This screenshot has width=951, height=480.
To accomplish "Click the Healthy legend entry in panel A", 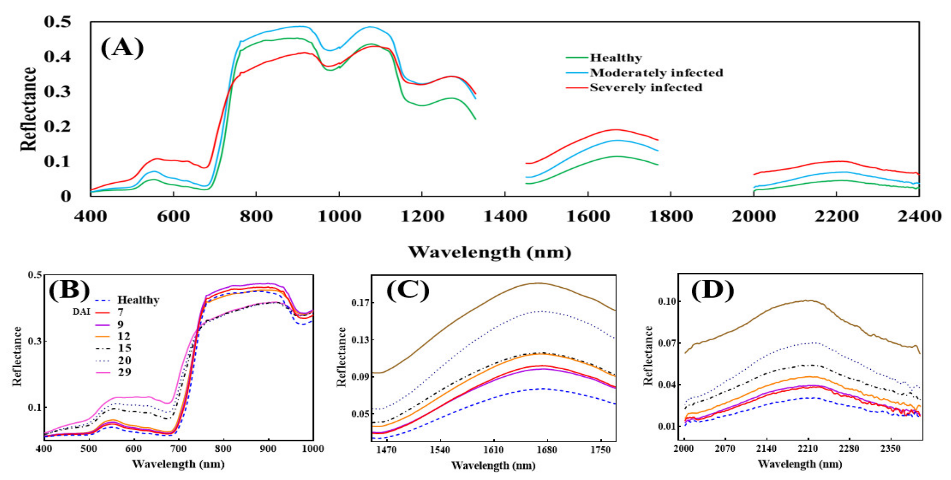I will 615,58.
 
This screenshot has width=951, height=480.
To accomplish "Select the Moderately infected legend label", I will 656,73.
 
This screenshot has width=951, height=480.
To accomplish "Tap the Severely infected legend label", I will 646,87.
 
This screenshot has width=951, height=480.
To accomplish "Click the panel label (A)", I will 122,48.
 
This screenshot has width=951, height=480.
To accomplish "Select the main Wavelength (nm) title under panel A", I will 490,252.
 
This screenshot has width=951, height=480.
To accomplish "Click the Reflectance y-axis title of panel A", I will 29,109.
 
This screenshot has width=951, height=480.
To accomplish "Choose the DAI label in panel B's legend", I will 81,312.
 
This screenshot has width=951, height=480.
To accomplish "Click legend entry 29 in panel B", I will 124,372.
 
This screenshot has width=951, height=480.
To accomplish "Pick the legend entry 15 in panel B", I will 124,348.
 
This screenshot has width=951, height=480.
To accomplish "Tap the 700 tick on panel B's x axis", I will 178,449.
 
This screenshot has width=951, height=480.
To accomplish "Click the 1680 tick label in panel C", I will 547,450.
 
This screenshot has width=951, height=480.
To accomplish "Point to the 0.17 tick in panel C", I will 360,303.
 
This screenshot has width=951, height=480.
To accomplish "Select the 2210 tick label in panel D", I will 808,449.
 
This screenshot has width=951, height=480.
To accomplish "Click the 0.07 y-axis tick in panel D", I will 667,343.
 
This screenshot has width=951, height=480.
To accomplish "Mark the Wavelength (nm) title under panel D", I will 800,464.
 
